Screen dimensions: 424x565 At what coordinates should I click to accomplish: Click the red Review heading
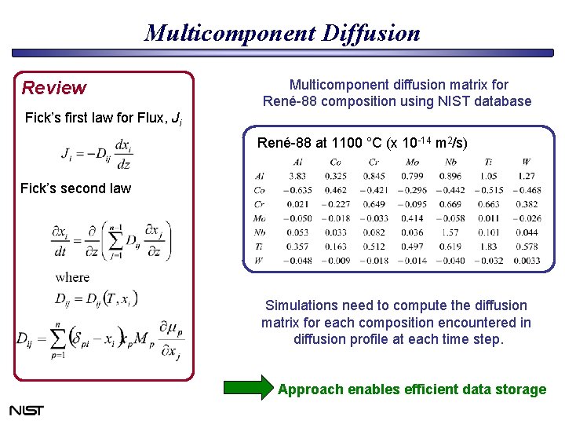point(53,87)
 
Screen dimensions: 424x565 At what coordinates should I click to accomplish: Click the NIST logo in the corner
point(26,410)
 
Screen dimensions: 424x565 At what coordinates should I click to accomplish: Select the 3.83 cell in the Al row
point(297,176)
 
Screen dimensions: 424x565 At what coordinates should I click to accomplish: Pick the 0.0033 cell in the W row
point(527,260)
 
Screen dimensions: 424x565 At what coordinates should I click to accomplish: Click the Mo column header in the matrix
point(412,162)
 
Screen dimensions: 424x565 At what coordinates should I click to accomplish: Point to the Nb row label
point(260,232)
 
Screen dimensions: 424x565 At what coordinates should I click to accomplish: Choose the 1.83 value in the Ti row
point(489,247)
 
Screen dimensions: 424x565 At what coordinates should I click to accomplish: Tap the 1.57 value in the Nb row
point(450,232)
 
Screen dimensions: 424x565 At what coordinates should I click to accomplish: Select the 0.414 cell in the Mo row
point(412,218)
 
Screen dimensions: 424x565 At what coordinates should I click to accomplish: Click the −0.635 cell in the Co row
point(297,190)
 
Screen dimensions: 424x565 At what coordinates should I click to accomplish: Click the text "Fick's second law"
point(75,188)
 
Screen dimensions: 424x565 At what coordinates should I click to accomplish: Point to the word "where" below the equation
point(72,277)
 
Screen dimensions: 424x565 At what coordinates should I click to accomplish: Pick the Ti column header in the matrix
point(490,162)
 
